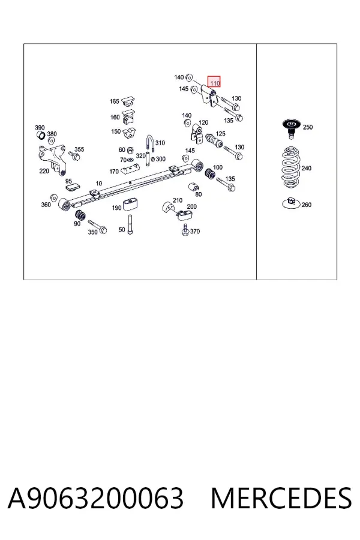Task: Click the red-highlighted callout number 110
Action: [215, 83]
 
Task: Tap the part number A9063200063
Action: [95, 498]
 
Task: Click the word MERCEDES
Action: [281, 498]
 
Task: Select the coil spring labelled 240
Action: [291, 168]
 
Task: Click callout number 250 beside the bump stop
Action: [308, 127]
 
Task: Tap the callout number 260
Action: [306, 205]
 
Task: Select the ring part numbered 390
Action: [41, 136]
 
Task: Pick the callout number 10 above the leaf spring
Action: [99, 184]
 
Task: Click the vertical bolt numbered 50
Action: [130, 224]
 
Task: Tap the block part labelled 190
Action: [131, 204]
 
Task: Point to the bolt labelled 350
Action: [97, 226]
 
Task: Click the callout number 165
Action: [115, 101]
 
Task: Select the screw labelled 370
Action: [185, 229]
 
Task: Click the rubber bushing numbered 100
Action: [209, 174]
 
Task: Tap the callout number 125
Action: [220, 134]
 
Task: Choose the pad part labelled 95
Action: [73, 187]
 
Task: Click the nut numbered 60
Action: [131, 150]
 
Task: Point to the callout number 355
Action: [79, 149]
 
